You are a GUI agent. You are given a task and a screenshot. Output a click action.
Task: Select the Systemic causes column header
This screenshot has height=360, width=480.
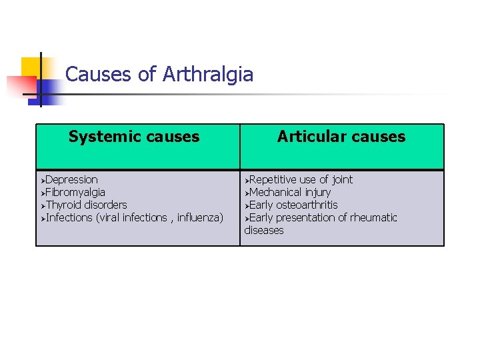tap(134, 137)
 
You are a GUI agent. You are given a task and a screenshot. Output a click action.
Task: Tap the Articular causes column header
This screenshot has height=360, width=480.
tap(341, 137)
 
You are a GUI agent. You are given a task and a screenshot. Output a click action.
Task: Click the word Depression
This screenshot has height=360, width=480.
tap(71, 179)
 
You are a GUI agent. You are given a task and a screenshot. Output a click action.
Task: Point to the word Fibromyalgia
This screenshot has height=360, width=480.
tap(75, 192)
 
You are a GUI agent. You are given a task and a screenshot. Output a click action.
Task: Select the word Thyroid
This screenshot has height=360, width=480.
tap(63, 205)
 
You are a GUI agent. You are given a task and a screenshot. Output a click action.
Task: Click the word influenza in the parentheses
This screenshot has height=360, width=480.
tap(199, 217)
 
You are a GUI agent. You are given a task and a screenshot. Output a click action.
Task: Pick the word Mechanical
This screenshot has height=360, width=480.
tap(275, 192)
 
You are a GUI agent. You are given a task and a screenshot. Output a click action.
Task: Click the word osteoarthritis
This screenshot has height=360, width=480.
tap(307, 205)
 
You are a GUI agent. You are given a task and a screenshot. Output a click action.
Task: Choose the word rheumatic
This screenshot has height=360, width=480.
tap(372, 217)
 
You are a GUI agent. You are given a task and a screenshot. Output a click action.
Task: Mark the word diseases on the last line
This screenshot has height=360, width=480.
tap(264, 230)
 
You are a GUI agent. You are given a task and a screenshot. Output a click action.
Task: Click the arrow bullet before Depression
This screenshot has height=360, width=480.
tap(41, 180)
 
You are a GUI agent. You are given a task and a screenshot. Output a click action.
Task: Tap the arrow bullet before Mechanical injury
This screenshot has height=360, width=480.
tap(246, 193)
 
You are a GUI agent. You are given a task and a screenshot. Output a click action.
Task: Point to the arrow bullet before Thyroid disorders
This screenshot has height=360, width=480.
tap(41, 205)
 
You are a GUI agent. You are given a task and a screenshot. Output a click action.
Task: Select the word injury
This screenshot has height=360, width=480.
tap(317, 192)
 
